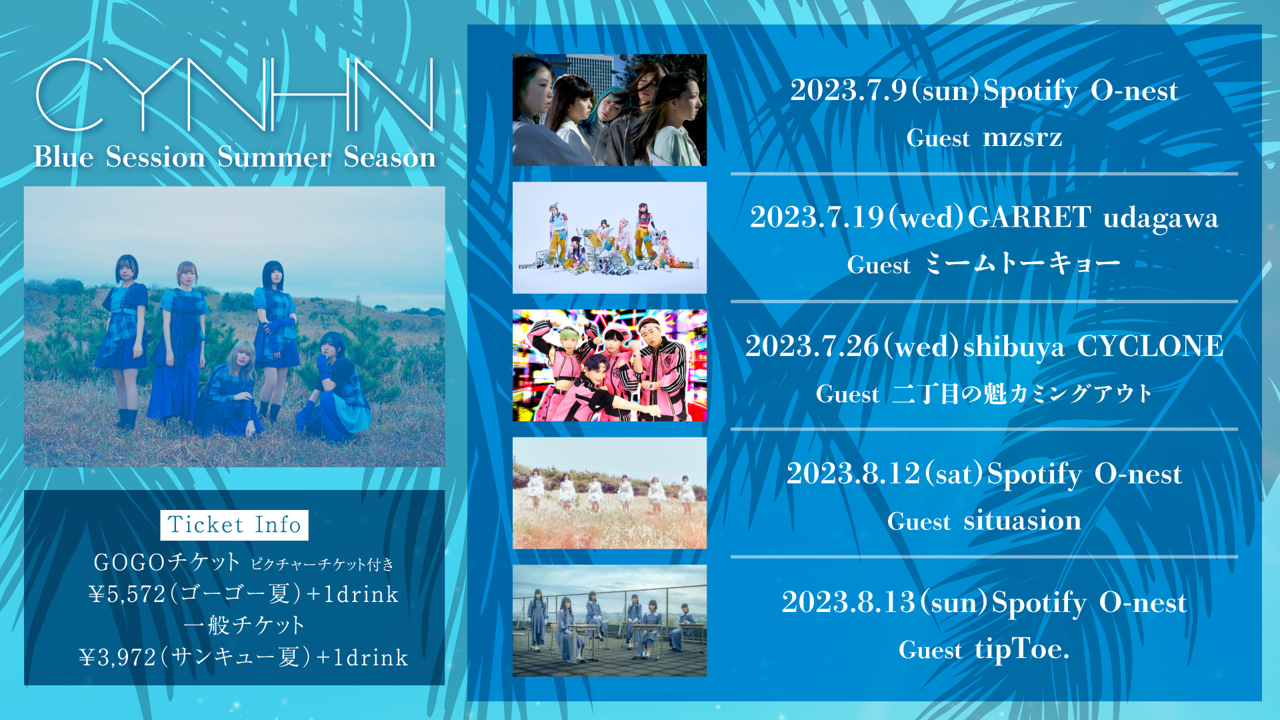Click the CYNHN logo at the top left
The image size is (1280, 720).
(235, 94)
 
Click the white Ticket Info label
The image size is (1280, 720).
(234, 525)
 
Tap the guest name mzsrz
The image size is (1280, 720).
(1022, 137)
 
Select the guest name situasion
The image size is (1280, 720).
(1022, 520)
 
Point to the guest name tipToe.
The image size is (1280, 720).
(1022, 649)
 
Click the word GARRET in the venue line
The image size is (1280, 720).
(1029, 217)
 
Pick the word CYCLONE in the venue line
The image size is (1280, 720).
(1150, 346)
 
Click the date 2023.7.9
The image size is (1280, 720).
(849, 91)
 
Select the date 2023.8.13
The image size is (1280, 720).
(848, 603)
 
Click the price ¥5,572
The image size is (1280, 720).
(127, 594)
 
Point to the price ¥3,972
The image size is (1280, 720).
(117, 657)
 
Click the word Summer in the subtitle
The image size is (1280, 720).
(274, 157)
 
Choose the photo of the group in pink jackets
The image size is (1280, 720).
(609, 365)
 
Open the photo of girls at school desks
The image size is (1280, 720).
(609, 621)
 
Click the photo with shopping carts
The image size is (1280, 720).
(609, 237)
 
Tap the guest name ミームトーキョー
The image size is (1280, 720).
(1022, 264)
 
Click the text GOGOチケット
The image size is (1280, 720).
(167, 562)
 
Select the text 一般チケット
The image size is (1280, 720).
(244, 625)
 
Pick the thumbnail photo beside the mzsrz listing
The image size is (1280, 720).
(609, 110)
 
